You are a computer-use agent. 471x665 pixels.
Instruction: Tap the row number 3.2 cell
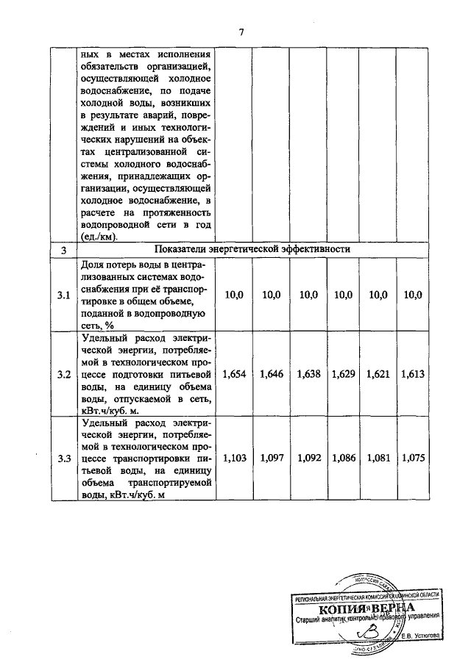point(64,375)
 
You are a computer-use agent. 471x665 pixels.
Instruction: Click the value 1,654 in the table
point(234,375)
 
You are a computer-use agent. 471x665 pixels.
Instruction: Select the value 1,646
point(271,375)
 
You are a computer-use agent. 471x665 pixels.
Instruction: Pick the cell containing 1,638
point(308,375)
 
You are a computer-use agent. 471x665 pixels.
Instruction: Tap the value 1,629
point(343,375)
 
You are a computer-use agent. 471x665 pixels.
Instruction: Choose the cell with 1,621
point(378,375)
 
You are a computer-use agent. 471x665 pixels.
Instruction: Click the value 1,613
point(412,375)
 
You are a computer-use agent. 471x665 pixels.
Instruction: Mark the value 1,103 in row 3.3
point(234,459)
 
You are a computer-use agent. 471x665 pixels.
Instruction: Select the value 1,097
point(271,459)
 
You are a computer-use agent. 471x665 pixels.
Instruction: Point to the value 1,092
point(308,459)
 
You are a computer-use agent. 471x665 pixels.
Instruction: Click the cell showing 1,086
point(343,459)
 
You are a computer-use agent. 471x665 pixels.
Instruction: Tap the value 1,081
point(378,459)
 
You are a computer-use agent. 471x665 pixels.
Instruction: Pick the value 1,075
point(412,459)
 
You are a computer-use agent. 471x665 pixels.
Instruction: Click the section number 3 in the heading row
point(64,251)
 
